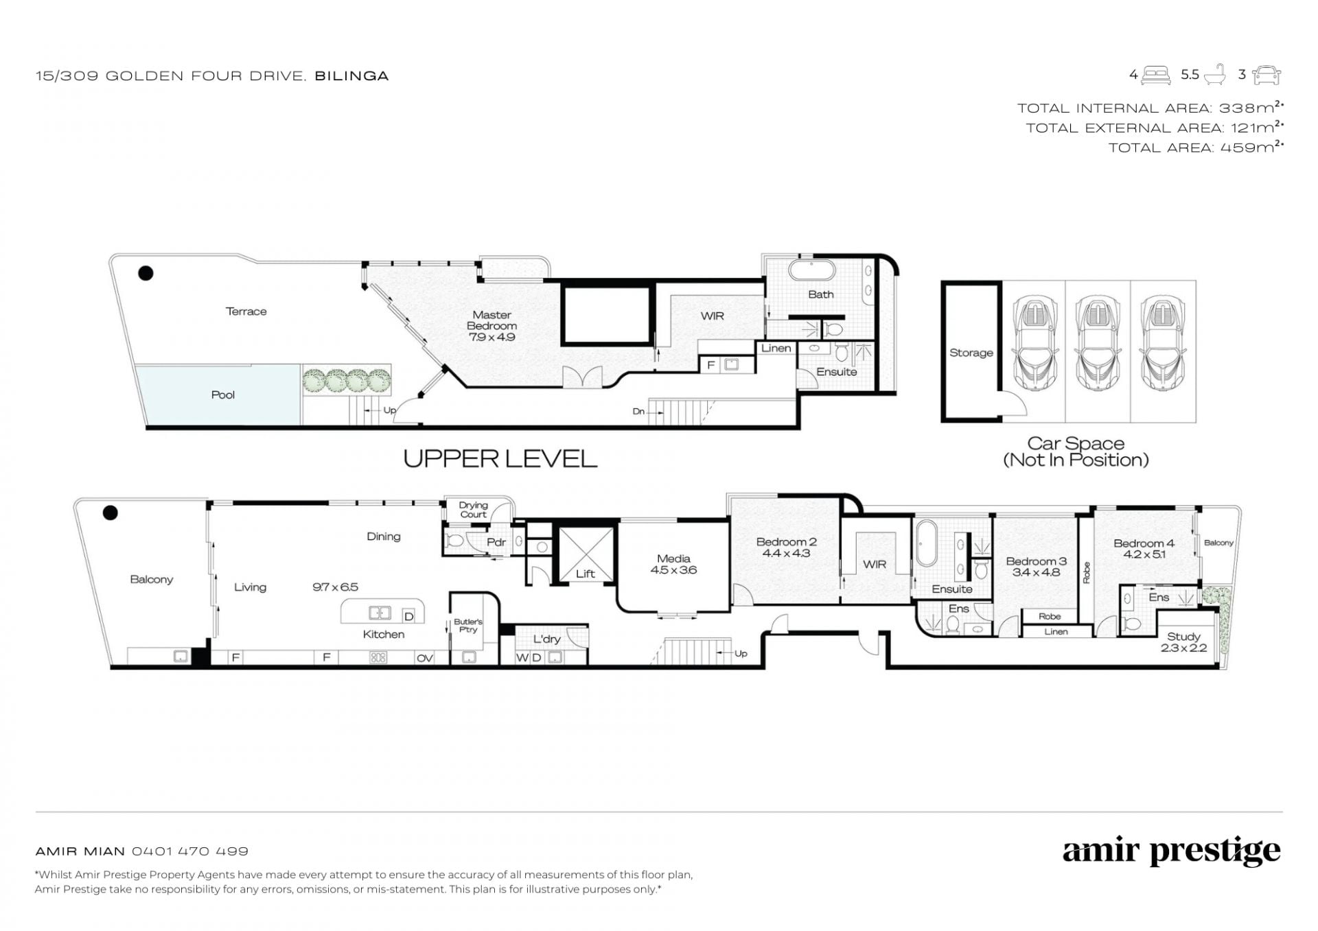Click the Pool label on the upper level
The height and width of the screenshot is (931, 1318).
click(x=222, y=394)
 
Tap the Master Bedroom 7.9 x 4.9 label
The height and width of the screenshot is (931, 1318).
click(x=492, y=326)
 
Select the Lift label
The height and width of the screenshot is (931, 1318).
click(x=585, y=574)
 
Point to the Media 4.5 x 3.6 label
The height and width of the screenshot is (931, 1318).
click(x=673, y=564)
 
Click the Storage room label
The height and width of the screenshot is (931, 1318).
click(x=971, y=353)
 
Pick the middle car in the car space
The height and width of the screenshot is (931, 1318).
click(x=1096, y=343)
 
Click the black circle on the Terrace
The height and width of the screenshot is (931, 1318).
click(x=146, y=273)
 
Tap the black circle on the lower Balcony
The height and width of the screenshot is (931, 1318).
click(x=110, y=512)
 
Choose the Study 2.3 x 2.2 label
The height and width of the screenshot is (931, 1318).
click(x=1183, y=642)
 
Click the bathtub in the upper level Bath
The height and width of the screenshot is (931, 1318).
click(x=811, y=269)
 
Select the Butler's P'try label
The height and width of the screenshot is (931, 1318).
click(x=468, y=626)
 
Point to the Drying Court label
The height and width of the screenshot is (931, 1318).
click(x=473, y=510)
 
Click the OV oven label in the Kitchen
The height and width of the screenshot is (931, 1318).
click(x=424, y=658)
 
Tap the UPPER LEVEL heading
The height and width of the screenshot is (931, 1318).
click(x=500, y=459)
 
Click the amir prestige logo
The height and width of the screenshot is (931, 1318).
click(x=1171, y=852)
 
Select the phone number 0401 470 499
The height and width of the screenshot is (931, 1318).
click(x=190, y=851)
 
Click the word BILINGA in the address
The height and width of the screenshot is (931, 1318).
click(x=351, y=76)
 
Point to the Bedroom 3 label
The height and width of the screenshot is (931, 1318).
click(x=1036, y=561)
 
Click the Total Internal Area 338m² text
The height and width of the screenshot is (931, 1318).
click(x=1151, y=108)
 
